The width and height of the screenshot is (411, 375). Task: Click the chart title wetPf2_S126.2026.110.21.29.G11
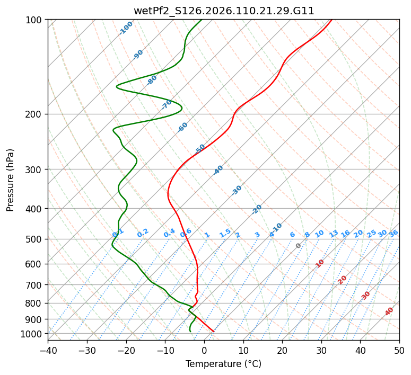[224, 11]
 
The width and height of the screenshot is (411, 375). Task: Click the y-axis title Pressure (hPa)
[11, 180]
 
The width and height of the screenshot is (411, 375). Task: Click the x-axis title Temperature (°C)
[223, 364]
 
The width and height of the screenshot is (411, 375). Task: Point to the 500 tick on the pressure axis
[34, 239]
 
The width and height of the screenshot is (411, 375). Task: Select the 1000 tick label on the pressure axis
[32, 334]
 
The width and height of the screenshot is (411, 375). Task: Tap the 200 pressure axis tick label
[34, 114]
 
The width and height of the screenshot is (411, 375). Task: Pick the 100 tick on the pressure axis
[34, 20]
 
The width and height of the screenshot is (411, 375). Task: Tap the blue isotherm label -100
[126, 28]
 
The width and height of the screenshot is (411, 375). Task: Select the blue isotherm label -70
[167, 104]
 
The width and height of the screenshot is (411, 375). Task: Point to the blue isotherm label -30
[237, 190]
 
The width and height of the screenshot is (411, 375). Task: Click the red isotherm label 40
[389, 311]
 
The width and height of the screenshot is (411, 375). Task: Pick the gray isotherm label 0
[299, 246]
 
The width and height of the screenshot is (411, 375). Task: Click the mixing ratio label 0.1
[118, 233]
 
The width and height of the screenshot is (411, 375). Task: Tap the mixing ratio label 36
[393, 233]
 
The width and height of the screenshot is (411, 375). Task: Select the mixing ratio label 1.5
[225, 233]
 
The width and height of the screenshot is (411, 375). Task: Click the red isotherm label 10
[320, 263]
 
